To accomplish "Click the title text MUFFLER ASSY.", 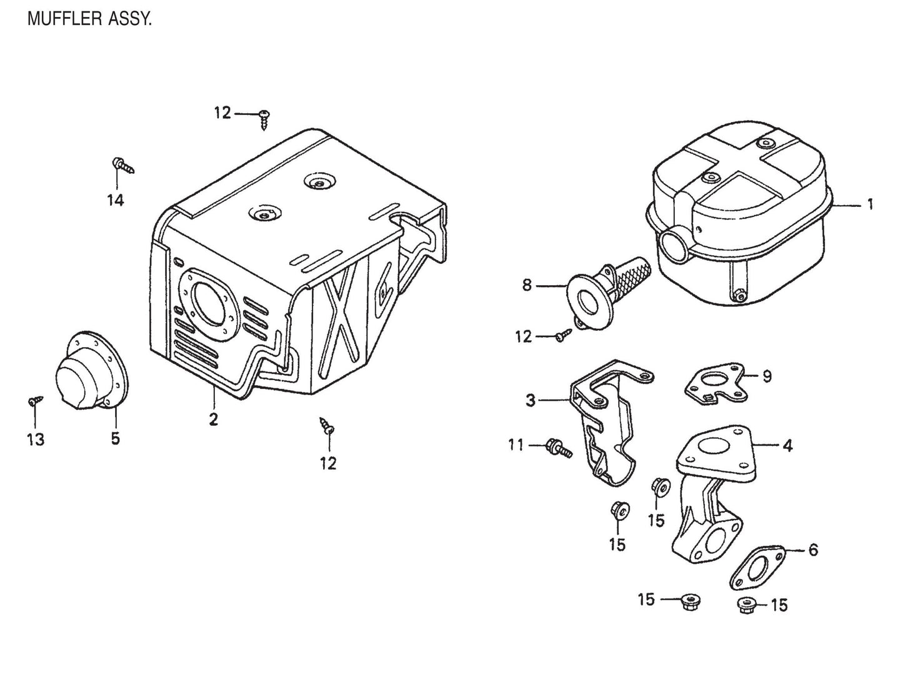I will click(x=89, y=19).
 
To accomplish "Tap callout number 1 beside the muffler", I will click(x=869, y=204).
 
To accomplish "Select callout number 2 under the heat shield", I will click(x=213, y=419).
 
